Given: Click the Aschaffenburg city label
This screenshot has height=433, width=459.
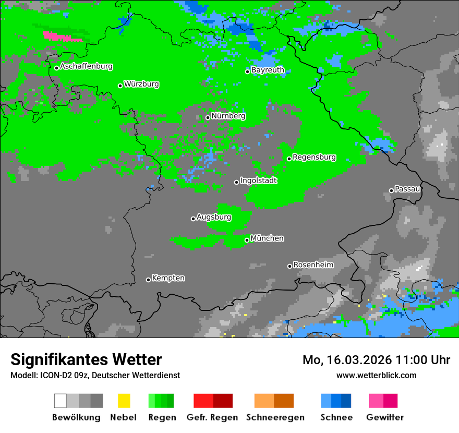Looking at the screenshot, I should point(86,67).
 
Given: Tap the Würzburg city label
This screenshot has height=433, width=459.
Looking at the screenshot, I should point(141,85).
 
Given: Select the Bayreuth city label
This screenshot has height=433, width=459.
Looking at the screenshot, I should point(268,70).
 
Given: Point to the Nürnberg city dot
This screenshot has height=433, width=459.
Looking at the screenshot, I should point(208,117).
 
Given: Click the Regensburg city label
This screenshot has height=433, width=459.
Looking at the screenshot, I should point(314,157).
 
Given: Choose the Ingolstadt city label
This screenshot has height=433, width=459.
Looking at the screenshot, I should point(258,181).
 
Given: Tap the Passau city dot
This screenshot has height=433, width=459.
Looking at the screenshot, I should point(391,190).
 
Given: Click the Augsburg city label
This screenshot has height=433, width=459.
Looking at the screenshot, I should point(213,217).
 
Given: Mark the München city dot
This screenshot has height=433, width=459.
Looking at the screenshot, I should point(247,240).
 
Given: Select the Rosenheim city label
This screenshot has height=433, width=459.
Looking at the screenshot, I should point(313,265).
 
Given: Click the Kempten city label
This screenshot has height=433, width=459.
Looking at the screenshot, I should point(168,278).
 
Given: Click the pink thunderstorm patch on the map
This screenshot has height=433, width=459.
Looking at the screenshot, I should point(62,37).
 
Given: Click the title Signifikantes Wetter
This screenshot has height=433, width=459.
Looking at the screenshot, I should point(86,359).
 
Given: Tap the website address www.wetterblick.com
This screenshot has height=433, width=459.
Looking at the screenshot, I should point(376,375).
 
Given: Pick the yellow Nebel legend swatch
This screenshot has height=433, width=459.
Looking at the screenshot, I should point(124,401).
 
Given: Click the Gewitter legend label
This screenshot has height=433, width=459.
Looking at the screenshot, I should point(385,417).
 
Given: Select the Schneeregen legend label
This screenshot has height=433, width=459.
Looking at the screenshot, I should point(275,417).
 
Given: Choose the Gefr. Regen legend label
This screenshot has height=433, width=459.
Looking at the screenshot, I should point(212,417).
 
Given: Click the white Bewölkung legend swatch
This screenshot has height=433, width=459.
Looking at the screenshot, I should point(60,401).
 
